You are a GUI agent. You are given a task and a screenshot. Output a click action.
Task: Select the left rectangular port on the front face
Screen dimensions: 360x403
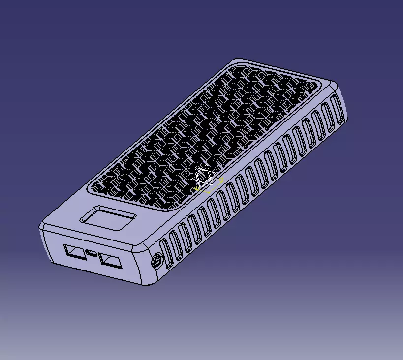tap(74, 252)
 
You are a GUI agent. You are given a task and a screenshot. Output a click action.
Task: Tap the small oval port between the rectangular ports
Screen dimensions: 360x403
tap(92, 254)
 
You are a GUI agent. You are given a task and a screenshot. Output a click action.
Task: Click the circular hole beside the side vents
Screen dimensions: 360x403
tap(157, 261)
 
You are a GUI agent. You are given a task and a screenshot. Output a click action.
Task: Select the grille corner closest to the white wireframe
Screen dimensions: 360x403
tap(172, 208)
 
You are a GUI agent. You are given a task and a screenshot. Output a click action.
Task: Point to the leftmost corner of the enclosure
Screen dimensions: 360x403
tap(41, 226)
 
